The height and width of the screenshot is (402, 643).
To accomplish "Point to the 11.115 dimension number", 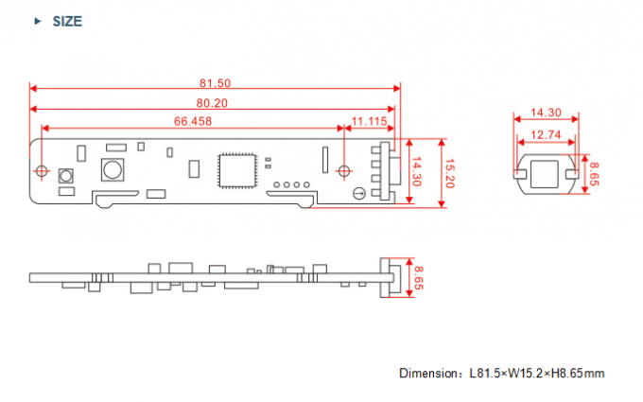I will click(x=369, y=121).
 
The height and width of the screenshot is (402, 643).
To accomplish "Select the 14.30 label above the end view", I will click(x=546, y=112).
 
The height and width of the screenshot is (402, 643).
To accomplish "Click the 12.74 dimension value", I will click(x=546, y=134).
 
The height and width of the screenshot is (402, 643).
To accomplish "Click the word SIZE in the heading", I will click(x=66, y=21).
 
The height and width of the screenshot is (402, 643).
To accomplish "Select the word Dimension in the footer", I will click(x=426, y=373).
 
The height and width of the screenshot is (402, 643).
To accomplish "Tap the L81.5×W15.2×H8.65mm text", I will click(x=536, y=373).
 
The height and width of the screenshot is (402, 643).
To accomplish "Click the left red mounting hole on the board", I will click(x=42, y=170).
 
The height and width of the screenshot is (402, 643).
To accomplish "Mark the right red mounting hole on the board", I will click(x=344, y=170).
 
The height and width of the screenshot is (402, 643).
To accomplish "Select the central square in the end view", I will click(x=546, y=174).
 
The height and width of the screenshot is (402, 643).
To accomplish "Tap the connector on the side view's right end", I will click(x=385, y=277).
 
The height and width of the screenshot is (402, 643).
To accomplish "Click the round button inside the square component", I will click(x=113, y=171).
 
